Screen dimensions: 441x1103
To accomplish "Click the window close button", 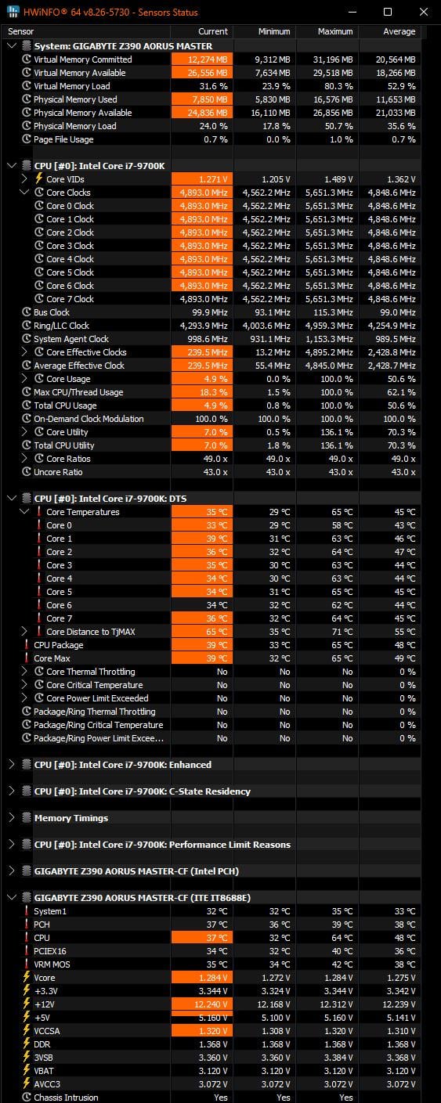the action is [423, 12].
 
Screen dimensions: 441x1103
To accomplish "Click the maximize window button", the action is [388, 12].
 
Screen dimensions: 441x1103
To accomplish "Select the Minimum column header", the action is [274, 31].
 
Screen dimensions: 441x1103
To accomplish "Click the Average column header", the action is [399, 31].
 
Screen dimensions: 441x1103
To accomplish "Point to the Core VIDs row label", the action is [65, 179].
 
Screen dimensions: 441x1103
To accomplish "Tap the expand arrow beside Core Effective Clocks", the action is [24, 352].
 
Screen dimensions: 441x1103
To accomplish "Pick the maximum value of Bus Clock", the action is [333, 312].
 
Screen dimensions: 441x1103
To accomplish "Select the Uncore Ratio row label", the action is [58, 472].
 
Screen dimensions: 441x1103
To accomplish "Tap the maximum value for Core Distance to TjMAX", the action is [342, 632].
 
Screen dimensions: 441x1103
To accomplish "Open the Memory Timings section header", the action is [71, 818].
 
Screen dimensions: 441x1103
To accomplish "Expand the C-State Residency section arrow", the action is [12, 791].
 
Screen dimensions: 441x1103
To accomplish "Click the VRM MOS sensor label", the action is [52, 964].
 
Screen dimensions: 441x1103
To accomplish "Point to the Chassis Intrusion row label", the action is [66, 1098].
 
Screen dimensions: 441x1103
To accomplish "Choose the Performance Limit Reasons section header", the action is [162, 845].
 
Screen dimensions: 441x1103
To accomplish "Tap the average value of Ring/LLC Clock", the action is [392, 326].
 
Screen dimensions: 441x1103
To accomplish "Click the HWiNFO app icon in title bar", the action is [13, 12].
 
